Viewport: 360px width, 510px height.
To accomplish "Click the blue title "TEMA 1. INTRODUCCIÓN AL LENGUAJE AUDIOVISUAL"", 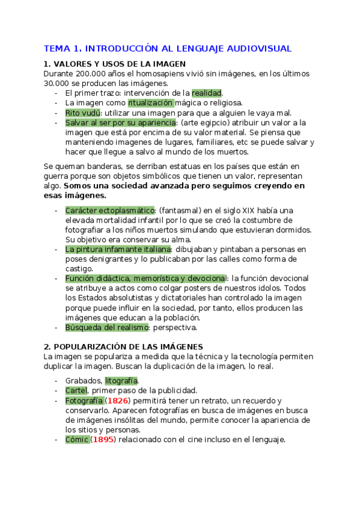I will click(168, 48).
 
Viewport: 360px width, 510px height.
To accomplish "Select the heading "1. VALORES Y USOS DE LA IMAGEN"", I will click(115, 64).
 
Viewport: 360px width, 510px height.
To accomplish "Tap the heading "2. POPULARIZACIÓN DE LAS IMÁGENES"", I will click(123, 346).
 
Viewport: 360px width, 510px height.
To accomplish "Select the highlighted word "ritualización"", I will click(154, 103).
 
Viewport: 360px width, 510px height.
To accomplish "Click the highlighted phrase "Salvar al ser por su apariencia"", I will click(117, 122).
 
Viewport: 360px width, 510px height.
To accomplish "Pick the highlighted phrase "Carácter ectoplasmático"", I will click(110, 210).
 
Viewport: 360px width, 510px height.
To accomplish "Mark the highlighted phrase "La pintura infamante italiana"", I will click(118, 249).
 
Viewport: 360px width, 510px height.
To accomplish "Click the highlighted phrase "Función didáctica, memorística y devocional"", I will click(145, 278).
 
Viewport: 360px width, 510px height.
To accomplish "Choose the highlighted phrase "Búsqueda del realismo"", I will click(106, 327).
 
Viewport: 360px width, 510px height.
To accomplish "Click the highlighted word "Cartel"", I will click(76, 390).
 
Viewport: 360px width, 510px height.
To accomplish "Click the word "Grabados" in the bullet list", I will click(83, 381).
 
